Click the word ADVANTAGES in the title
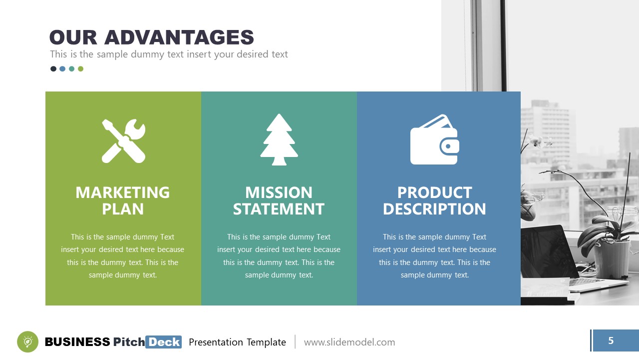click(x=179, y=38)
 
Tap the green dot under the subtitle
click(x=81, y=69)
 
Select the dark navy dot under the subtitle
click(x=53, y=69)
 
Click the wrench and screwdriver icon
click(x=123, y=140)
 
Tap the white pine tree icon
click(x=279, y=139)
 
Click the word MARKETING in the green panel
click(x=122, y=192)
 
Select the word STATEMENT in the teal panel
click(x=279, y=209)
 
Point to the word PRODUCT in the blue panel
click(x=434, y=192)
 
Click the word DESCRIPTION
click(x=434, y=209)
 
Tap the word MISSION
click(x=279, y=192)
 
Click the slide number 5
click(x=611, y=341)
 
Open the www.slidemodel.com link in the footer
click(x=349, y=342)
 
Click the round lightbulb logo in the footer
click(x=27, y=342)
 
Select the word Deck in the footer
click(x=164, y=342)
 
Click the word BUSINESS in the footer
click(x=77, y=342)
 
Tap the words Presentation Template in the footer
click(x=237, y=342)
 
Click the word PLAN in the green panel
click(x=122, y=209)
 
